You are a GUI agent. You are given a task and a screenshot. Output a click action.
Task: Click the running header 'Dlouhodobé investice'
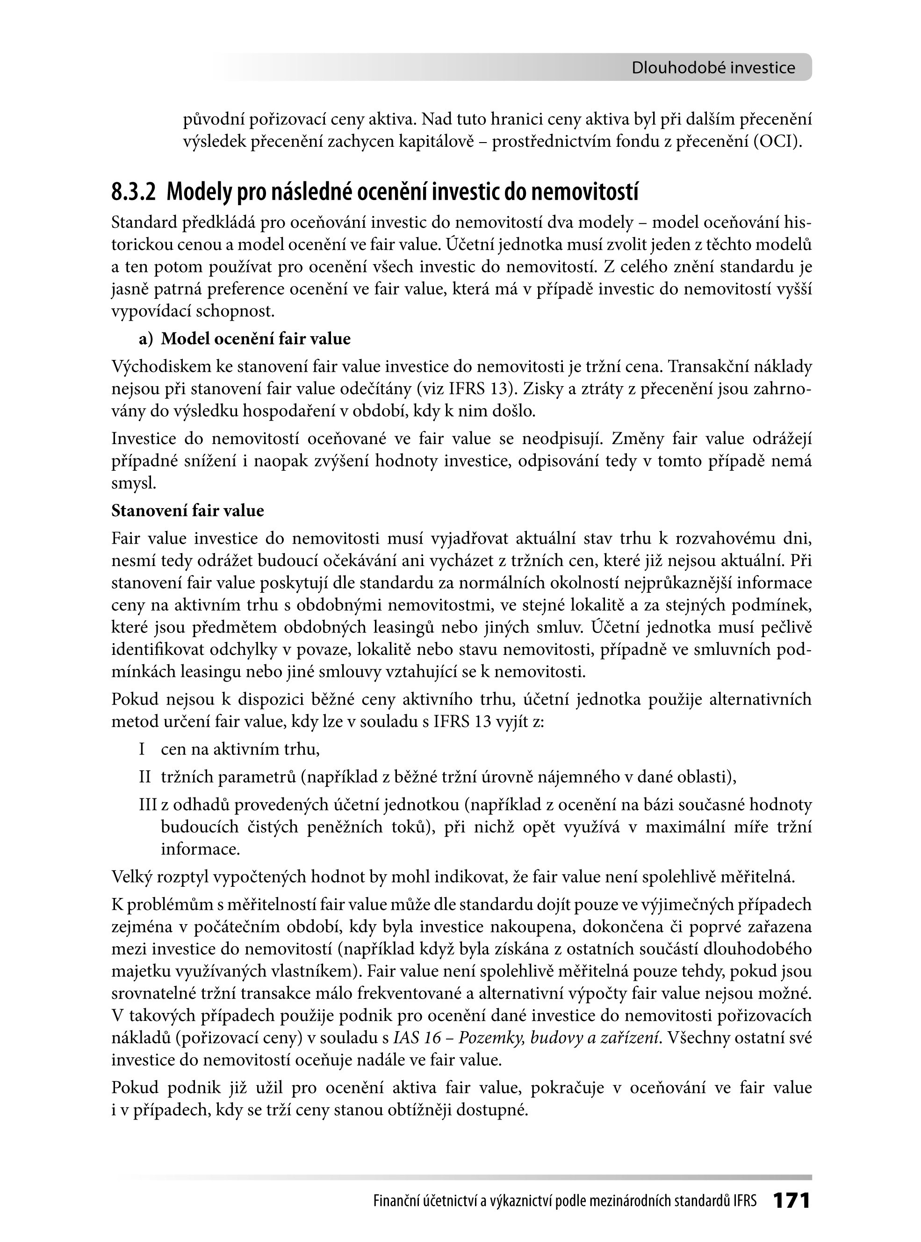713,68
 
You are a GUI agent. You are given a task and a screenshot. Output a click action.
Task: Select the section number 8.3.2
133,192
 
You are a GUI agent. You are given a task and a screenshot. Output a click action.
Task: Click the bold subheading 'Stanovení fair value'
187,510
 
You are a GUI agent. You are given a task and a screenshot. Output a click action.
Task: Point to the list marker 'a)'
146,339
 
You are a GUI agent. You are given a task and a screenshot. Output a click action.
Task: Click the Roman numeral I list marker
142,749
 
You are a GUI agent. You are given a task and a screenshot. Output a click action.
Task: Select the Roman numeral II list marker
145,777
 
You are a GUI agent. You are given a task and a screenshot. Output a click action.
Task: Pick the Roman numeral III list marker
149,805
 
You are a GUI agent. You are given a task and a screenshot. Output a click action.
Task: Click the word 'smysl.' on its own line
134,483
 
